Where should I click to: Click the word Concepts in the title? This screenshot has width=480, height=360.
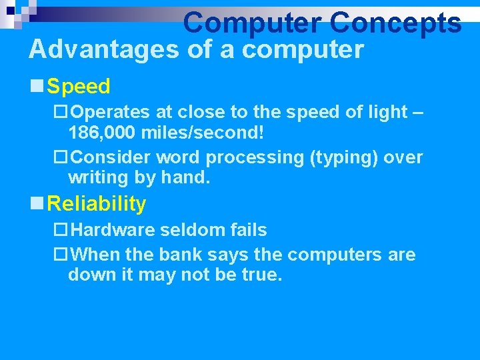coord(395,23)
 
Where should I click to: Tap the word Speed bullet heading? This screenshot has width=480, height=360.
coord(79,86)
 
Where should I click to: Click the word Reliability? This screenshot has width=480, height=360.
coord(97,203)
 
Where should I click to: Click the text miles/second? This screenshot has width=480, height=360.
coord(203,133)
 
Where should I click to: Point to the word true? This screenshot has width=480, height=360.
coord(259,275)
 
